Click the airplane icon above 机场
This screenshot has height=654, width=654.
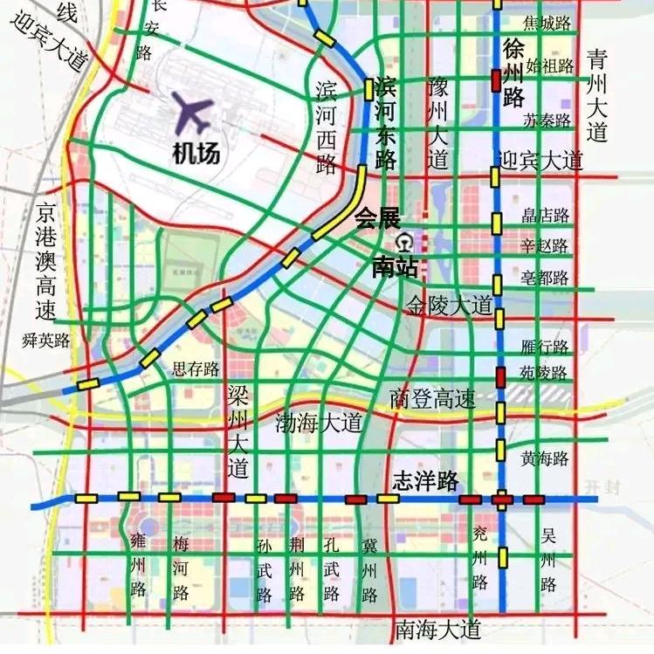tap(194, 111)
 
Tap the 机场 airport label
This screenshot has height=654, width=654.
tap(195, 154)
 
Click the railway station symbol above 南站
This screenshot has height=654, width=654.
tap(403, 240)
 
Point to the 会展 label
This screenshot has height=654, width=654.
tap(376, 217)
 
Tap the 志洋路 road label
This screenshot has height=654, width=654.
tap(425, 480)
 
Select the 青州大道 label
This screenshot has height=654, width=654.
tap(597, 96)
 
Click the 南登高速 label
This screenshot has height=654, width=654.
tap(433, 399)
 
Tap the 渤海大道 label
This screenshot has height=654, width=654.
tap(319, 423)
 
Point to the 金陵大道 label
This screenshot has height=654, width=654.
tap(450, 305)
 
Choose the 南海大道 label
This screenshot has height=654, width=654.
tap(437, 628)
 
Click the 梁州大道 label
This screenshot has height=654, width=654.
tap(238, 431)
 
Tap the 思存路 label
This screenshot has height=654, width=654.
tap(196, 368)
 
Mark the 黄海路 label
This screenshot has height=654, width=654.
tap(545, 458)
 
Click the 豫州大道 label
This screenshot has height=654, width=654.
tap(437, 123)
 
